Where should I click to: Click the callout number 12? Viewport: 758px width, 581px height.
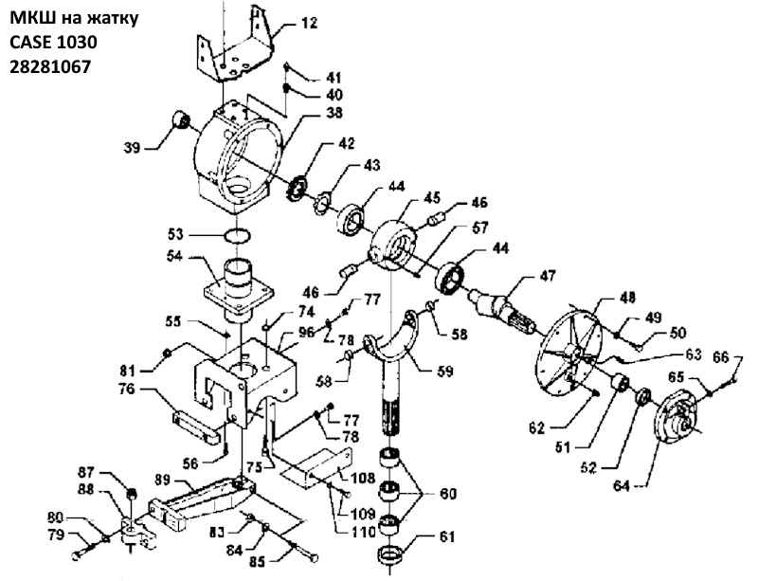[x=310, y=23]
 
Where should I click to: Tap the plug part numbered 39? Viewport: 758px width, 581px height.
[x=181, y=119]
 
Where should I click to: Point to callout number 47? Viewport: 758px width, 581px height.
[x=547, y=276]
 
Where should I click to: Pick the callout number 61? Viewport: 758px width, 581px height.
[x=447, y=536]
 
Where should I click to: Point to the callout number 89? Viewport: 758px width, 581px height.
[x=161, y=480]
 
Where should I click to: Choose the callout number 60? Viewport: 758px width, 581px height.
[x=448, y=495]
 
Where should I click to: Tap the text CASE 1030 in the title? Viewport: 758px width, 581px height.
[x=53, y=42]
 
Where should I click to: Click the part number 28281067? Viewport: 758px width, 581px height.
[x=50, y=66]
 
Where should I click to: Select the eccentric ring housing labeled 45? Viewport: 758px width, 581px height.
[x=393, y=245]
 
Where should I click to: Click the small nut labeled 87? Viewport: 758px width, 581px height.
[x=130, y=495]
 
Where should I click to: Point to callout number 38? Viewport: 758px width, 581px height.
[x=334, y=113]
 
